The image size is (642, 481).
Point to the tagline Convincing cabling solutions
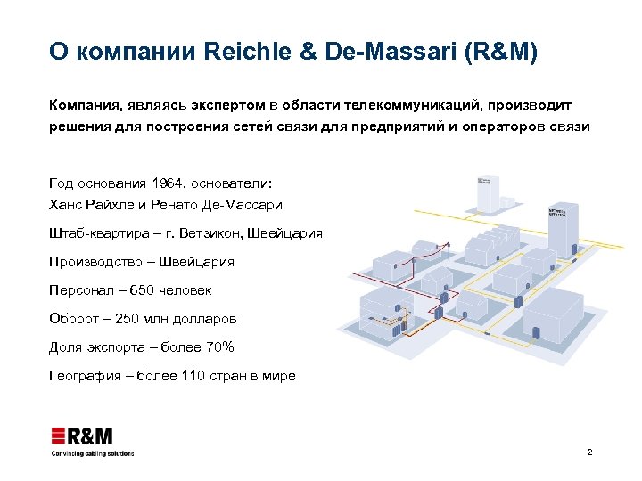point(92,453)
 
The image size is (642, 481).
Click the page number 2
point(589,453)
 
